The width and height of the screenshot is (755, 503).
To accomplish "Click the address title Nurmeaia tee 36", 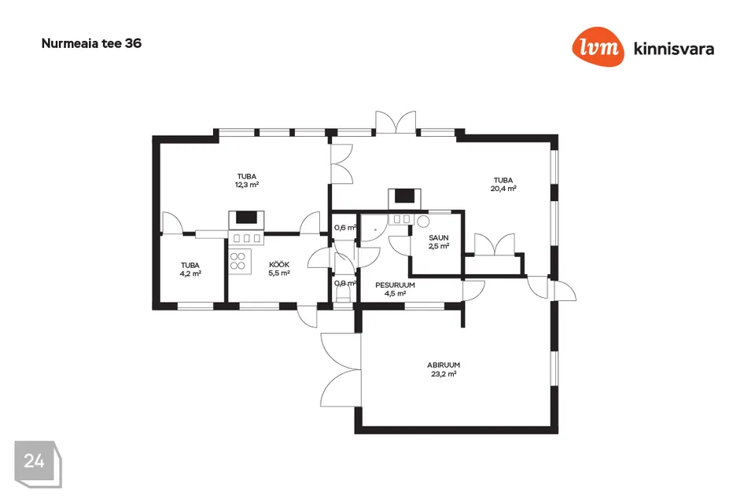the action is (91, 43).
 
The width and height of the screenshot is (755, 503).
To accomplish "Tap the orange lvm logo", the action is (598, 46).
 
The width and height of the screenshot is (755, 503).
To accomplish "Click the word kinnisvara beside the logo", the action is (674, 49).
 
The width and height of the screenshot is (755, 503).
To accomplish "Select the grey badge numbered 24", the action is (38, 464).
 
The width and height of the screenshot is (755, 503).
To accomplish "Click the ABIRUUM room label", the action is (444, 365).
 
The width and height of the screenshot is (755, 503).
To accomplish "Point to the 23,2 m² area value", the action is (444, 374).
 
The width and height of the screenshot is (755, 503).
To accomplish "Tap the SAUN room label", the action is (439, 238).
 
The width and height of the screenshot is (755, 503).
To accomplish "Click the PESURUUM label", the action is (395, 285).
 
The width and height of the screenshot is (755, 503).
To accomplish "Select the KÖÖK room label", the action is (279, 264).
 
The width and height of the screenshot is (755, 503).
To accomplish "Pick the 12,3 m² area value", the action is (247, 185).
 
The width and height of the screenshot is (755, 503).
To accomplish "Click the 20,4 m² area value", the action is (503, 189).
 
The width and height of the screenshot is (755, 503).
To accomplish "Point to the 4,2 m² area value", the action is (190, 274).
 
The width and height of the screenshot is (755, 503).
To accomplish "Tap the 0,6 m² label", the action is (345, 228).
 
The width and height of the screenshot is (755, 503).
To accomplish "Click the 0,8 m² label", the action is (345, 284).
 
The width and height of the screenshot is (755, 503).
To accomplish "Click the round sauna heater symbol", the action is (423, 222).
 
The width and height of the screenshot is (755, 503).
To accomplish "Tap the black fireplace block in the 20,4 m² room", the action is (404, 196).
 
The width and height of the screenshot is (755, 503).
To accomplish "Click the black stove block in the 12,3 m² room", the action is (246, 218).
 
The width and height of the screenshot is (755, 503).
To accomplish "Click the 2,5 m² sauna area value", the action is (439, 247).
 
